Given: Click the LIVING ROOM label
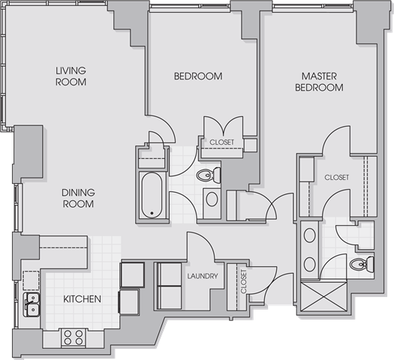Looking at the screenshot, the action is [x=71, y=76].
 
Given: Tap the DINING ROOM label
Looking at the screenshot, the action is [x=78, y=198].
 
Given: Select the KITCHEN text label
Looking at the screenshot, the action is [x=82, y=299].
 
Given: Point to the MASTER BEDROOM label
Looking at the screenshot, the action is [x=319, y=82].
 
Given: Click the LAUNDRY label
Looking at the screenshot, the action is [x=203, y=276].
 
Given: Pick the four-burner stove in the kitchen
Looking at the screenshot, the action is [x=74, y=337].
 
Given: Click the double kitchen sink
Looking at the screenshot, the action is [x=32, y=304].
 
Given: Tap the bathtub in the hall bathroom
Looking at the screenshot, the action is [x=152, y=195].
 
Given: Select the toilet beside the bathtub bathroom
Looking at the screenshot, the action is [x=209, y=175].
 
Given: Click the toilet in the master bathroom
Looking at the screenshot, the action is [x=362, y=264].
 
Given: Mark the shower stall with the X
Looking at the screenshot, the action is [x=324, y=296].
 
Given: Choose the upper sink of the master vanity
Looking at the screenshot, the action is [x=309, y=235].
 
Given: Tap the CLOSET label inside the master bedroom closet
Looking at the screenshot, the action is [x=337, y=178].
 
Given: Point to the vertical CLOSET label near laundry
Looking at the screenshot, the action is [x=243, y=281].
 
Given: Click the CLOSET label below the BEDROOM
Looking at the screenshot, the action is [x=222, y=142].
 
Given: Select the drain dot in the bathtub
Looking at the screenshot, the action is [x=152, y=213].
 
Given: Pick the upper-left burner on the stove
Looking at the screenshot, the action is [x=68, y=334].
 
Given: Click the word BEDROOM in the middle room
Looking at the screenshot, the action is [x=198, y=76].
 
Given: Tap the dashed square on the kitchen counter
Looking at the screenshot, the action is [x=32, y=280].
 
